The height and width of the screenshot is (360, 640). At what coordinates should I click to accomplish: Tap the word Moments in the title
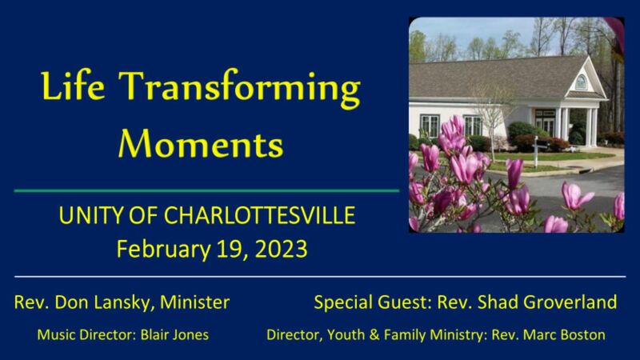coord(200,143)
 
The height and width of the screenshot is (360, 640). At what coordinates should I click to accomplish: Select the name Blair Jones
coord(174,334)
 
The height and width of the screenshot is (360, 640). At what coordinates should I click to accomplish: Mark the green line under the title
coord(206,191)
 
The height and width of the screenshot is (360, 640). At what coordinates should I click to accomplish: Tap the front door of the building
coord(545,122)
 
